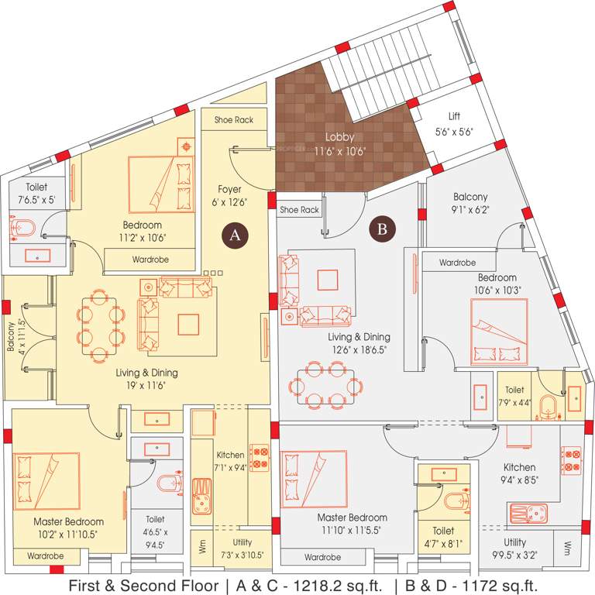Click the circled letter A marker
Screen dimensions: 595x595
235,235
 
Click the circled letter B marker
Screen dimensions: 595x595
381,229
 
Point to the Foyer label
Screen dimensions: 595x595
229,189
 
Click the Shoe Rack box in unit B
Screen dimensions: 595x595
299,209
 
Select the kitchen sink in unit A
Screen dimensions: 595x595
203,496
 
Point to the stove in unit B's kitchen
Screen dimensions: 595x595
570,461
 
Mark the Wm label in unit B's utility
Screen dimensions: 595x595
567,547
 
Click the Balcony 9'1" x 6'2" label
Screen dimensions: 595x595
471,203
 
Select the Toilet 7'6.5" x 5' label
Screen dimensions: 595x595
39,193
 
